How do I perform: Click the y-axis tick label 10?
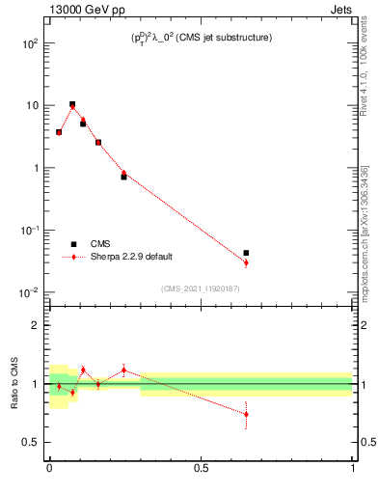[x=32, y=105]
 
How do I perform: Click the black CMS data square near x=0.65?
[x=247, y=253]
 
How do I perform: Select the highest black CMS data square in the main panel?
[x=72, y=104]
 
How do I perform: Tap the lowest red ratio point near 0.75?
[x=247, y=415]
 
